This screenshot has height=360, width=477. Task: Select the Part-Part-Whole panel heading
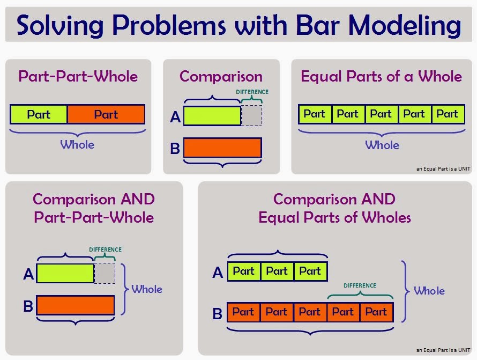[78, 76]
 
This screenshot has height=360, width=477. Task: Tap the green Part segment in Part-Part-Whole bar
[39, 114]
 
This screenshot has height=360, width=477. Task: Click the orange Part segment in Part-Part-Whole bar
[106, 114]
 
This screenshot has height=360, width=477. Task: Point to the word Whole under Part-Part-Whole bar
[77, 145]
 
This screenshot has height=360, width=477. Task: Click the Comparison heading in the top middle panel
[221, 77]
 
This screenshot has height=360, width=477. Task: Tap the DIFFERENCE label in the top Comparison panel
[252, 92]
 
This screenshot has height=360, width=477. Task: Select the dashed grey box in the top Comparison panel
[251, 115]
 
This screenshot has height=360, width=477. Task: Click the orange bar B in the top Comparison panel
[222, 148]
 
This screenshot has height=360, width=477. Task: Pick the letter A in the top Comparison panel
[175, 116]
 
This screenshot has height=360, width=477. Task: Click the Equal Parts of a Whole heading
[381, 76]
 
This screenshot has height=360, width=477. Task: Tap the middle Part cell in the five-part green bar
[381, 114]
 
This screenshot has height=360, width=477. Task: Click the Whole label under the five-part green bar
[382, 145]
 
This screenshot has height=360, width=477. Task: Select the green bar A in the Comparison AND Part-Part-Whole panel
[65, 273]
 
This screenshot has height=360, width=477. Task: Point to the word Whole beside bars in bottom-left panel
[146, 289]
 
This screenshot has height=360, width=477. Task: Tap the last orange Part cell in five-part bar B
[376, 312]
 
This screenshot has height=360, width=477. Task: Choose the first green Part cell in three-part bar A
[244, 271]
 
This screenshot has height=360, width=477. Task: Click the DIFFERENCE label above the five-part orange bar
[360, 285]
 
